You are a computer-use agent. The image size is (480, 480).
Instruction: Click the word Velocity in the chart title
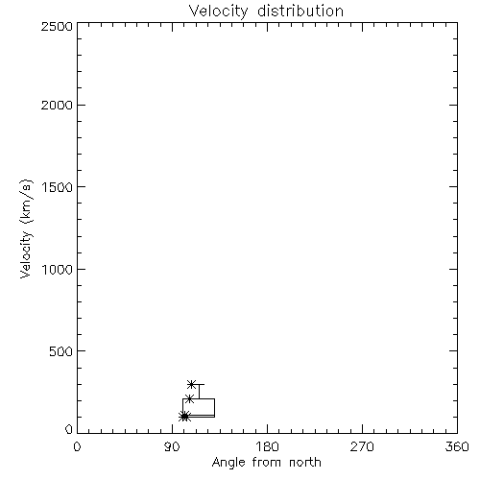[x=218, y=12]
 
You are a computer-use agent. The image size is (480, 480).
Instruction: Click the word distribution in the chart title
[x=300, y=11]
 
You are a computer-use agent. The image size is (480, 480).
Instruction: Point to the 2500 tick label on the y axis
[x=57, y=26]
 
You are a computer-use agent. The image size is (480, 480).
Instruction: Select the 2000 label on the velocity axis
[x=57, y=105]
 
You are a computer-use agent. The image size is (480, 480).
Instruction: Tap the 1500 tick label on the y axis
[x=58, y=187]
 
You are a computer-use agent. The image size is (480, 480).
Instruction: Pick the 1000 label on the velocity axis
[x=58, y=269]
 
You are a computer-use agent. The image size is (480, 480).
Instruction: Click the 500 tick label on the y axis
[x=61, y=351]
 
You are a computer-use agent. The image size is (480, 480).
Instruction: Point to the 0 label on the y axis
[x=69, y=429]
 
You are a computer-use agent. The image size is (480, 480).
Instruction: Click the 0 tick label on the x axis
[x=77, y=446]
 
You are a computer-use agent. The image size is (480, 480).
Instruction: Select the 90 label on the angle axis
[x=172, y=446]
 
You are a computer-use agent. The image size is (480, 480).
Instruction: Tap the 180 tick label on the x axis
[x=267, y=446]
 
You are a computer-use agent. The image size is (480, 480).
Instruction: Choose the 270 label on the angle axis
[x=362, y=446]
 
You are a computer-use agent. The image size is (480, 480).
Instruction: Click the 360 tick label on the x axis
[x=457, y=446]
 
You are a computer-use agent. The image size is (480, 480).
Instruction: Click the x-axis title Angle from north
[x=267, y=463]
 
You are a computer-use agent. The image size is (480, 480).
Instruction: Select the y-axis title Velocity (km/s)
[x=26, y=228]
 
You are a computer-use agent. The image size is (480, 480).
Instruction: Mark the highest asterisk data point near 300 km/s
[x=191, y=384]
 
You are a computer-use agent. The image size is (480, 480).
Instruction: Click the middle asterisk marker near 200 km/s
[x=189, y=398]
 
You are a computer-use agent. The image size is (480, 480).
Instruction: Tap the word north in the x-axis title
[x=305, y=462]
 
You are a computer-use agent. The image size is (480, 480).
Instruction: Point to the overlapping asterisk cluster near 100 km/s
[x=184, y=417]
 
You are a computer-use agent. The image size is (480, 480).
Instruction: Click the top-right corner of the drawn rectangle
[x=214, y=398]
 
